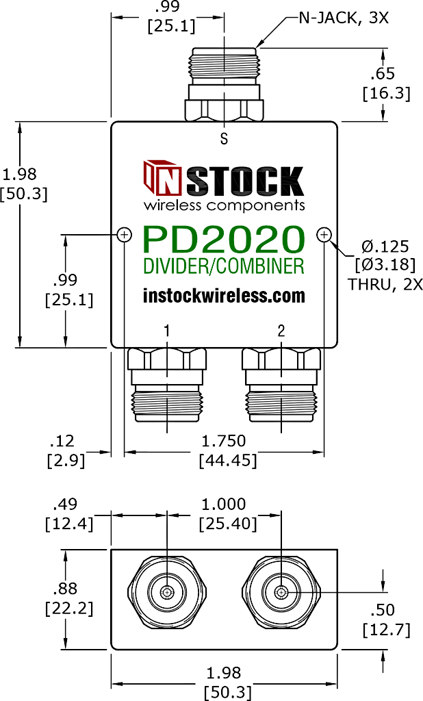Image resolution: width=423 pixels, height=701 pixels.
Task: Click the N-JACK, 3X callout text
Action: tap(343, 18)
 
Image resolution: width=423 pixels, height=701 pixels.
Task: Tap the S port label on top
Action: tap(224, 139)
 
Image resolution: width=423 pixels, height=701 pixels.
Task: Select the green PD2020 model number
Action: tap(224, 240)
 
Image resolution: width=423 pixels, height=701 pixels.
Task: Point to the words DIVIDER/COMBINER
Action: tap(224, 266)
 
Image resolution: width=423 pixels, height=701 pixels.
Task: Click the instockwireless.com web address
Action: tap(224, 296)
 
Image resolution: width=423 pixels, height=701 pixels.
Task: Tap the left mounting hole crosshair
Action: tap(125, 235)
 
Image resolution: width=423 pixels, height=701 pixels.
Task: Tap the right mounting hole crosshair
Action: tap(324, 235)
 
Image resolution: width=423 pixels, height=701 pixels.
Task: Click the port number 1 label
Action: tap(167, 331)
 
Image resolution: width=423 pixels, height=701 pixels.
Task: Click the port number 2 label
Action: tap(281, 331)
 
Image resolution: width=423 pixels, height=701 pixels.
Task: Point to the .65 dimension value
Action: tap(389, 75)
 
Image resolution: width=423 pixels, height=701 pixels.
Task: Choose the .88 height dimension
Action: tap(68, 589)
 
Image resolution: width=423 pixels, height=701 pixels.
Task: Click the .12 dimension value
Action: tap(66, 442)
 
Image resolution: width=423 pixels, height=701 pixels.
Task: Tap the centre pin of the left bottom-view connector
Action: tap(167, 592)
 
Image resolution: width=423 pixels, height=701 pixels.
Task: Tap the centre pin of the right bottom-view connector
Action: tap(281, 592)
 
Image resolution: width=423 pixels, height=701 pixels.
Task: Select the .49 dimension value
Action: tap(66, 505)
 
